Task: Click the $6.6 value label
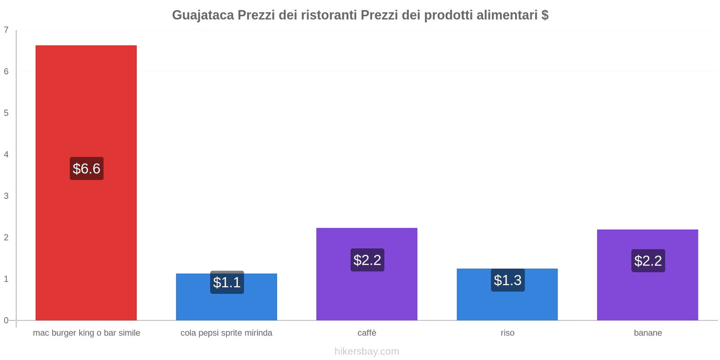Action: (x=86, y=168)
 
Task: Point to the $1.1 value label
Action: (x=227, y=283)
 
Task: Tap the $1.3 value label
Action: (x=508, y=280)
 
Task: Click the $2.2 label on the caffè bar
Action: (x=367, y=260)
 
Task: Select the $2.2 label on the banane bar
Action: (x=648, y=261)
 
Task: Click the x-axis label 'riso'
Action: (x=507, y=333)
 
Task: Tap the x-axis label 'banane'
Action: (x=648, y=333)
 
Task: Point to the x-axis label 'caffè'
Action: (x=367, y=333)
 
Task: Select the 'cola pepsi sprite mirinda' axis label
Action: (x=226, y=333)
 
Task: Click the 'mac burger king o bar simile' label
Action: (x=86, y=333)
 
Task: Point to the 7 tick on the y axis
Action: (x=6, y=30)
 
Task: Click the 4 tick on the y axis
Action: (x=6, y=155)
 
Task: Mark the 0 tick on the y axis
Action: (x=6, y=320)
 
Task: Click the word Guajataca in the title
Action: (x=203, y=15)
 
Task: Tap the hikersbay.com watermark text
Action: (x=367, y=351)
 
